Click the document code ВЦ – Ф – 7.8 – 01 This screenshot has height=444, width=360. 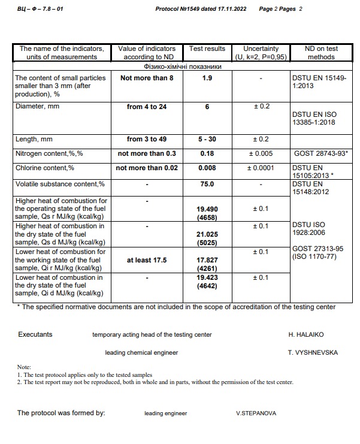(x=41, y=10)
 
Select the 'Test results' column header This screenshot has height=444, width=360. (x=207, y=49)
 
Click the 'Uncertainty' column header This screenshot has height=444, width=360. (x=261, y=49)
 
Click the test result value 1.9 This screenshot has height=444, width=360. (x=207, y=78)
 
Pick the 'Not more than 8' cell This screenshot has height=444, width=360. (x=147, y=78)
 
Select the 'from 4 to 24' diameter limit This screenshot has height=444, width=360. (x=147, y=107)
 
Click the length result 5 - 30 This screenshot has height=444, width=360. (x=207, y=140)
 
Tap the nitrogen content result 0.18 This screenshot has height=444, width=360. (x=207, y=153)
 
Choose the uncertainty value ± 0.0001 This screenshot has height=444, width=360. (x=261, y=168)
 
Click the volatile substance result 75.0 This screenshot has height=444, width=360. (x=207, y=185)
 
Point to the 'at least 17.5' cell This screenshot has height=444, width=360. (x=147, y=261)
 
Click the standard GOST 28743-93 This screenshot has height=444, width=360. (x=320, y=153)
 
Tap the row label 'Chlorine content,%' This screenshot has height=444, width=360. (x=44, y=168)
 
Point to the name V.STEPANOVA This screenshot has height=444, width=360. (x=256, y=413)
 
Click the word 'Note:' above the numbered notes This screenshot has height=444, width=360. (x=24, y=367)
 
